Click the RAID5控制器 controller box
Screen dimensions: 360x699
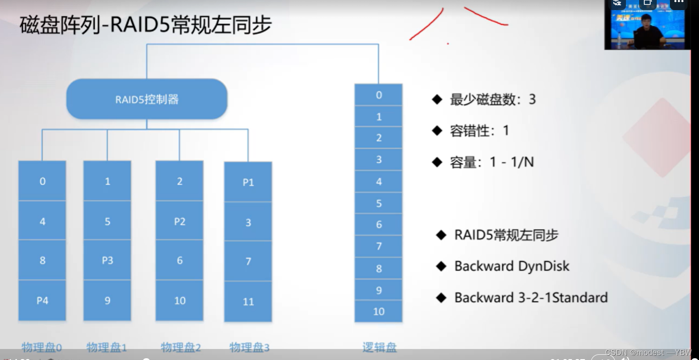coord(147,99)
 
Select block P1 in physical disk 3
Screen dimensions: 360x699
coord(248,182)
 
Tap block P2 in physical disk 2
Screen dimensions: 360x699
coord(179,221)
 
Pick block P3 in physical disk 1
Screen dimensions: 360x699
coord(107,260)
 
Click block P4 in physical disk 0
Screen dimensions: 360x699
coord(42,301)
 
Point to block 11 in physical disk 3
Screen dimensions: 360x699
coord(248,301)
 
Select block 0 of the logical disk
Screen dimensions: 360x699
coord(379,95)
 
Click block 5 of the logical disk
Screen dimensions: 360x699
coord(379,203)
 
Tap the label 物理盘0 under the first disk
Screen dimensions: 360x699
coord(42,348)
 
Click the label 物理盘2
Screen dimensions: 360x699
coord(181,348)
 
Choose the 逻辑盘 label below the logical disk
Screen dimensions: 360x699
coord(379,348)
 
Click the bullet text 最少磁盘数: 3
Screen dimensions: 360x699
coord(492,99)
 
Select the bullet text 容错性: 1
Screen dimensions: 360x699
coord(479,131)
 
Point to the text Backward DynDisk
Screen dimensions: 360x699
coord(511,266)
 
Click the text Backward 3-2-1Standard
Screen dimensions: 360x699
coord(530,298)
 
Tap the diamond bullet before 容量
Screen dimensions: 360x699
coord(437,162)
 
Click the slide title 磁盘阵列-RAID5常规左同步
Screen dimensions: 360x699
coord(146,25)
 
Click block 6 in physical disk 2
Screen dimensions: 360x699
coord(179,260)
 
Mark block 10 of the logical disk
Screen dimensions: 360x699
coord(379,312)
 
